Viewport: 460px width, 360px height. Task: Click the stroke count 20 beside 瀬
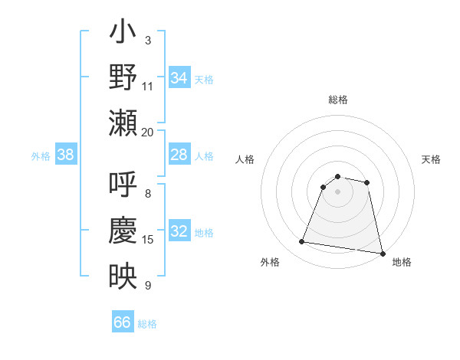(x=148, y=132)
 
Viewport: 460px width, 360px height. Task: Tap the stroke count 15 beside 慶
(x=148, y=240)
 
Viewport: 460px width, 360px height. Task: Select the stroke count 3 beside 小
(x=148, y=41)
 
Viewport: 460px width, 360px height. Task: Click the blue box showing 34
(x=179, y=77)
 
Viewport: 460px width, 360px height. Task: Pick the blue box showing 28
(x=179, y=155)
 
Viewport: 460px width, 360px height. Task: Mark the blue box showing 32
(x=179, y=232)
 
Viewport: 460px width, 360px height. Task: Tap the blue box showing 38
(x=66, y=155)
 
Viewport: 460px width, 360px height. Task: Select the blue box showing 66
(x=123, y=322)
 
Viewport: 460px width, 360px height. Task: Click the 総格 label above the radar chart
(x=338, y=100)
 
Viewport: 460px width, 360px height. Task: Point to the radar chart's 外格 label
(x=270, y=262)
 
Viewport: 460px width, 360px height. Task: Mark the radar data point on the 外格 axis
(x=301, y=242)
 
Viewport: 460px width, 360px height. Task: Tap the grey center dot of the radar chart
(x=338, y=191)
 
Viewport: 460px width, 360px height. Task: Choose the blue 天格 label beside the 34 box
(x=204, y=78)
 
